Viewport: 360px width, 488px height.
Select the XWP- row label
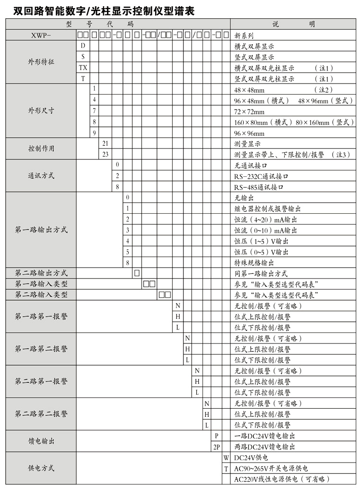coord(40,35)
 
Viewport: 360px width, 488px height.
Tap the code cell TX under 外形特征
coord(83,68)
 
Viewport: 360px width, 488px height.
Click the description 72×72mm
coord(249,111)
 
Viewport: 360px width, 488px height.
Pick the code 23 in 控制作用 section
coord(105,154)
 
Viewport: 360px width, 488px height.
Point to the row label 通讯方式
coord(41,176)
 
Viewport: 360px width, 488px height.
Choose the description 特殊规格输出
coord(254,263)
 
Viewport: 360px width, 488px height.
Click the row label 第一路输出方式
coord(41,230)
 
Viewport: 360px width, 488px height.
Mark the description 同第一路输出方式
coord(261,274)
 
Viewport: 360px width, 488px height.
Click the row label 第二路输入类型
coord(41,295)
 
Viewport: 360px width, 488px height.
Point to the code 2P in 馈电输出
coord(216,447)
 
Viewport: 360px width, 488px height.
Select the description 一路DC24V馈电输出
coord(264,436)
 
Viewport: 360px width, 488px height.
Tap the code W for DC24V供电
coord(226,457)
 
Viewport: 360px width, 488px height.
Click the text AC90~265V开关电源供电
coord(271,468)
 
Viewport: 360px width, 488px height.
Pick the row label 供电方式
coord(41,468)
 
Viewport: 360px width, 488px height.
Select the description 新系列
coord(244,35)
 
